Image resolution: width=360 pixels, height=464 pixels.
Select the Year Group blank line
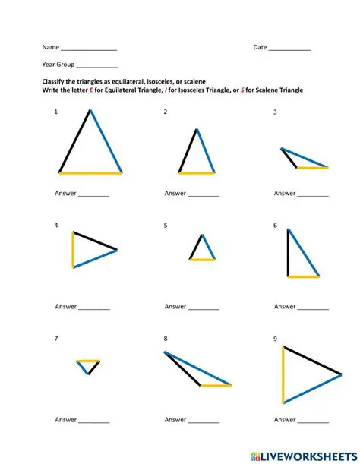coord(97,67)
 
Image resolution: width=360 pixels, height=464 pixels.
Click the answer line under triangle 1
coord(93,196)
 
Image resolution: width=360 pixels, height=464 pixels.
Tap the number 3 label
coord(275,112)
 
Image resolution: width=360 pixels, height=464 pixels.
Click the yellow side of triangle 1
coord(90,173)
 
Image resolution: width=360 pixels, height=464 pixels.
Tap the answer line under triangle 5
coord(204,309)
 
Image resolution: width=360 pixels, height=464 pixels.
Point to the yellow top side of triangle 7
coord(88,361)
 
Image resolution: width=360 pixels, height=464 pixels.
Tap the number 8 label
coord(166,339)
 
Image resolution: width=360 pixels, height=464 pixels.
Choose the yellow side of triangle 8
coord(216,386)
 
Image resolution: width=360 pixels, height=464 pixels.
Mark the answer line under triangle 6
coord(313,309)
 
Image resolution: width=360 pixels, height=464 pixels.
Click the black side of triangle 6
coord(288,252)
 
